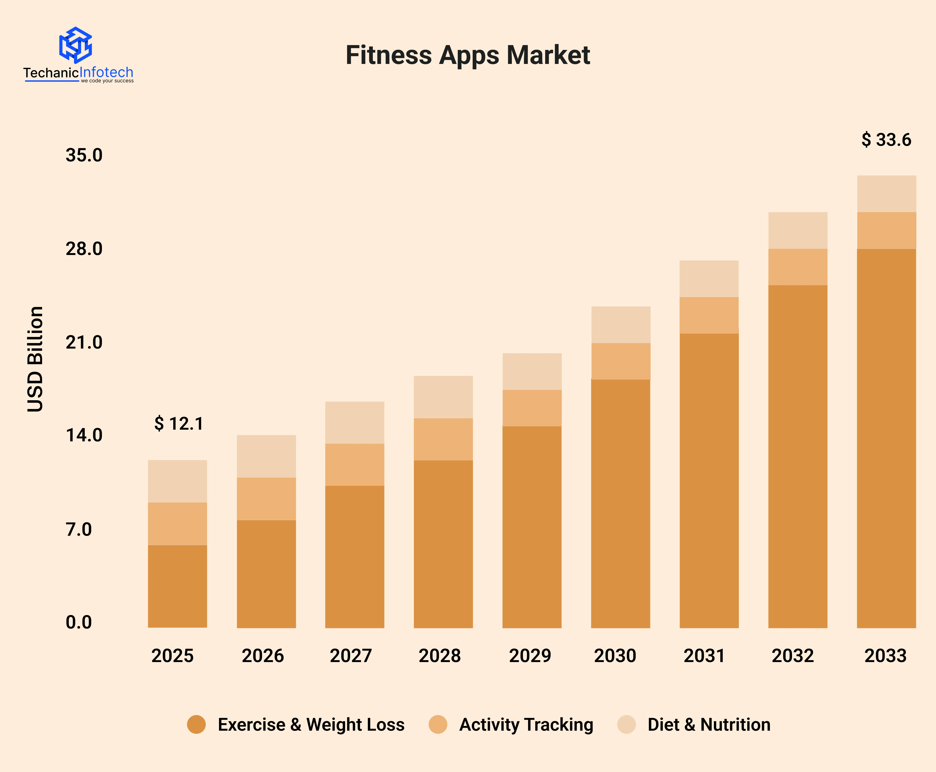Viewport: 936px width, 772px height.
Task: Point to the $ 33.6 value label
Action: click(886, 140)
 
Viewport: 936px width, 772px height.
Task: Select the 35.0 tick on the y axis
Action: click(84, 155)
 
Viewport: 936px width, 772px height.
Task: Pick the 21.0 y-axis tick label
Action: click(84, 342)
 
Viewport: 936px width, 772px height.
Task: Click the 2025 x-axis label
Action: click(172, 656)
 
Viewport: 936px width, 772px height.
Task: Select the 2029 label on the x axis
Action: click(530, 656)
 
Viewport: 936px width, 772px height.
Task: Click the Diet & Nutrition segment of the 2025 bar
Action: click(177, 481)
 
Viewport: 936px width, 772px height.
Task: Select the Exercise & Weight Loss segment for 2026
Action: click(266, 574)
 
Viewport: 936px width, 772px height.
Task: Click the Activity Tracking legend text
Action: click(526, 725)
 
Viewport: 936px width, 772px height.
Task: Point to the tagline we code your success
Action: click(107, 81)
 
